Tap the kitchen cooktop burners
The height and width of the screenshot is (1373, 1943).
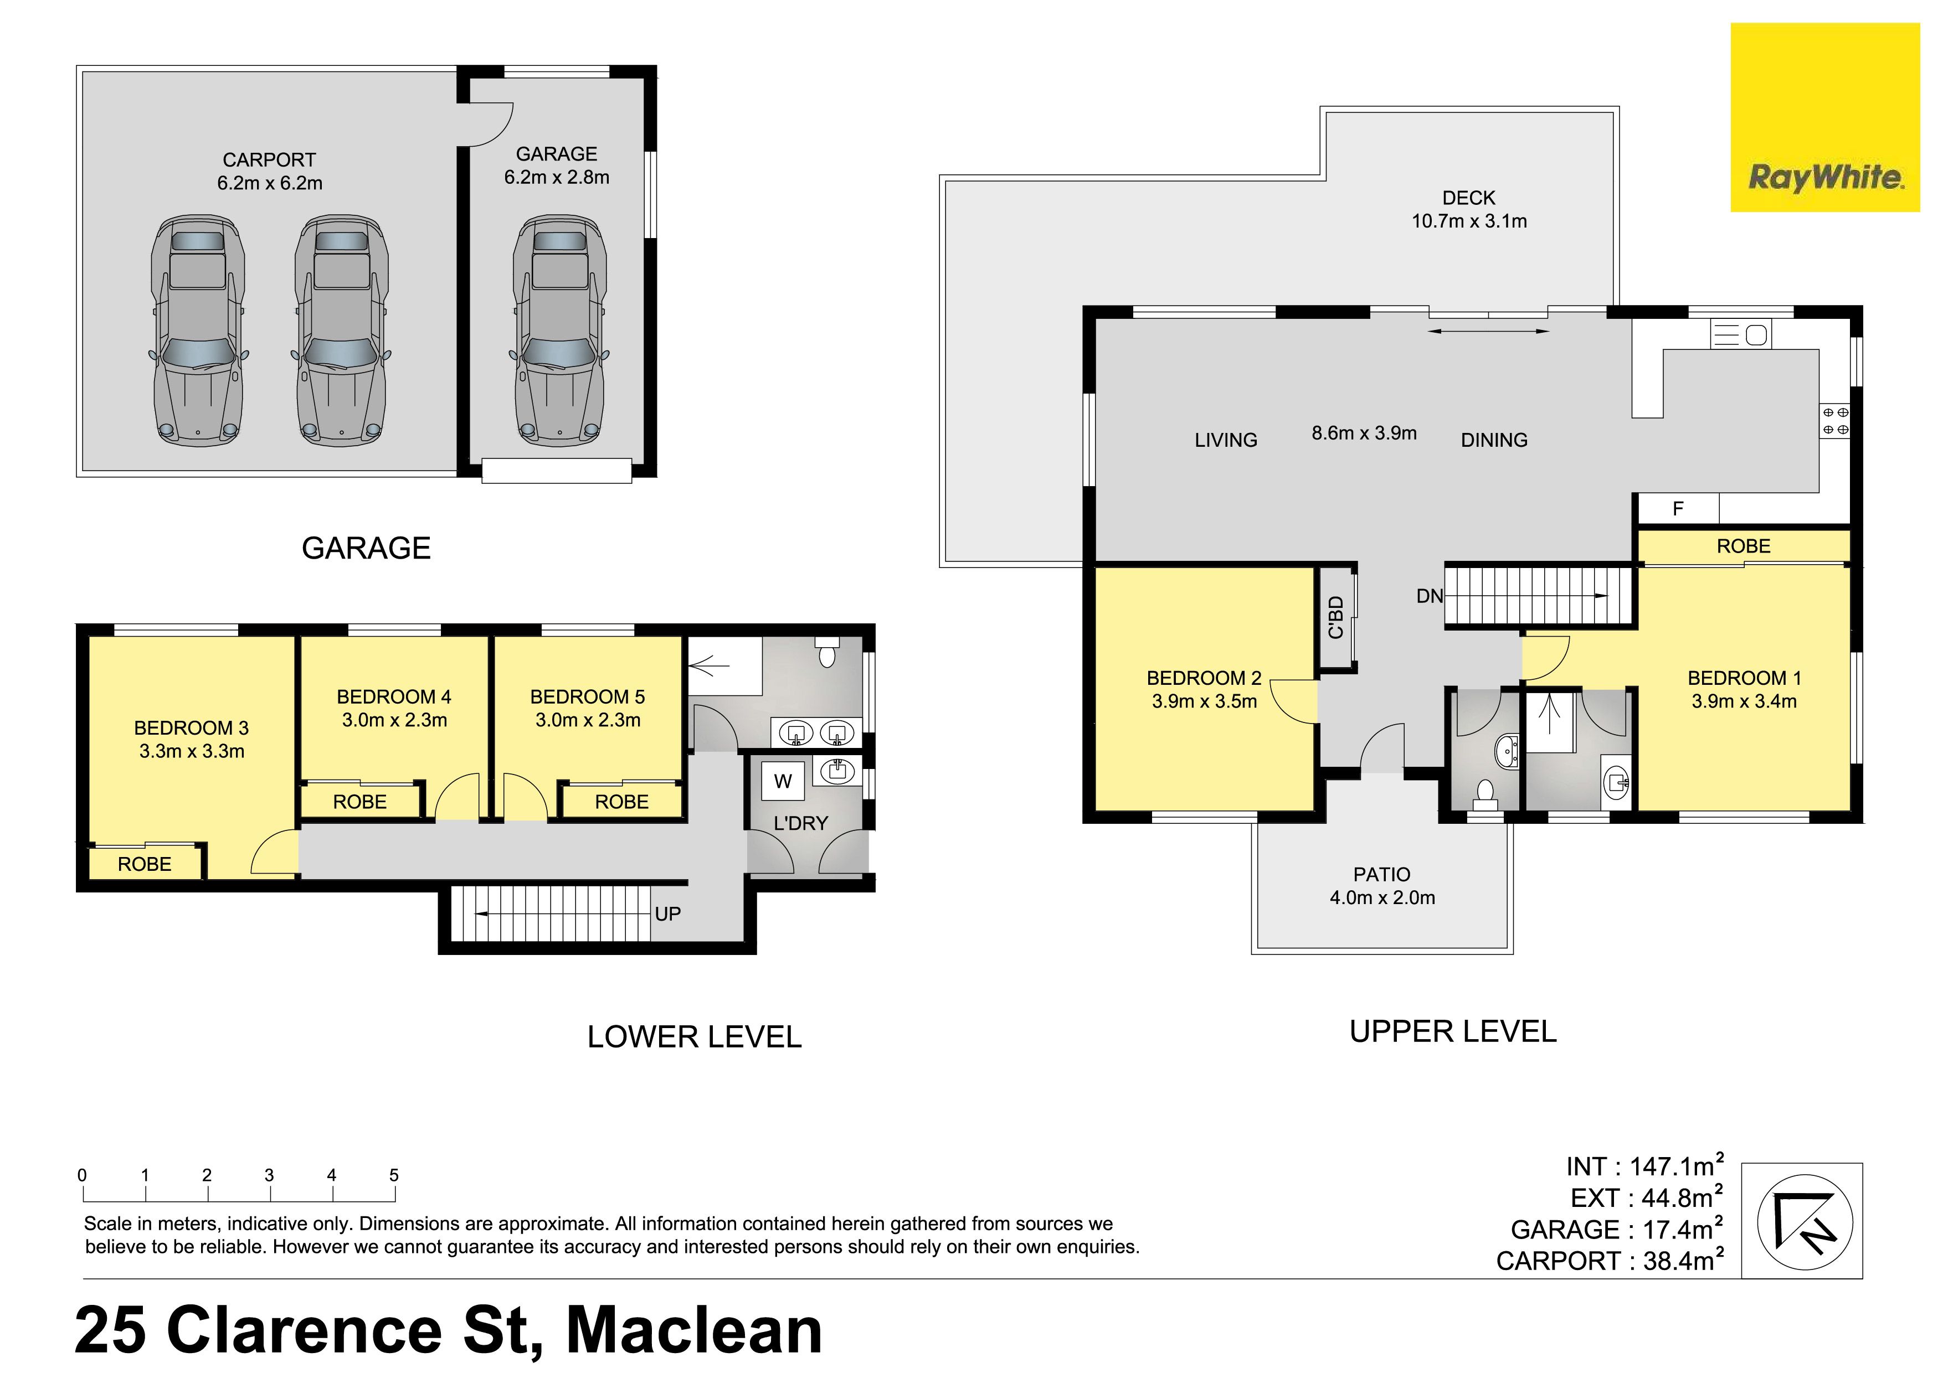point(1834,420)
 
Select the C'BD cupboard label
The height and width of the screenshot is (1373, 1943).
point(1337,617)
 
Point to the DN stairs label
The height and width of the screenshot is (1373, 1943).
point(1430,596)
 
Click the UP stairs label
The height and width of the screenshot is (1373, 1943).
point(667,913)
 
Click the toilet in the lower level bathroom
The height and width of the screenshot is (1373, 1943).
point(827,652)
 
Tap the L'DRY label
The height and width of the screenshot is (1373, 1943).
point(800,823)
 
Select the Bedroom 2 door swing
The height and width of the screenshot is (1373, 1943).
point(1293,701)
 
